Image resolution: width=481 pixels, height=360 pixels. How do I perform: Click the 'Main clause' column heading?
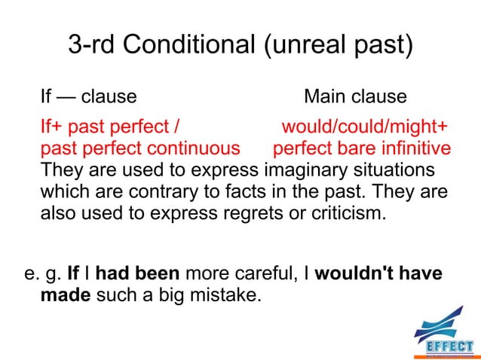[355, 97]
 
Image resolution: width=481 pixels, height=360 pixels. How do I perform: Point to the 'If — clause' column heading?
[88, 97]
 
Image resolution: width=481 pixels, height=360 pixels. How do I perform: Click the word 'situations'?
[394, 168]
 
